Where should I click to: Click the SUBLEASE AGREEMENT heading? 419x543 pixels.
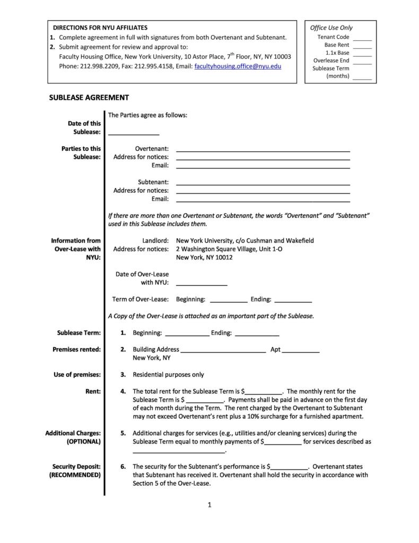[x=89, y=98]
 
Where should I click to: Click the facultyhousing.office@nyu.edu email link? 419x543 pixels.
[x=238, y=66]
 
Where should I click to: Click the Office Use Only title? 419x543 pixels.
[x=331, y=28]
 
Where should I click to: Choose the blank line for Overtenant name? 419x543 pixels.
[x=263, y=151]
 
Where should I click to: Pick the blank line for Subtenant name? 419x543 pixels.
[x=263, y=184]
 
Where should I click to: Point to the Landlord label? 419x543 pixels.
[x=155, y=241]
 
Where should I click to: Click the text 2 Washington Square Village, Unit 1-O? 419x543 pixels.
[x=229, y=249]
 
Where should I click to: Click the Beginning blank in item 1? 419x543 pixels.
[x=187, y=335]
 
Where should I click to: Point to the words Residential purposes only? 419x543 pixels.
[x=168, y=375]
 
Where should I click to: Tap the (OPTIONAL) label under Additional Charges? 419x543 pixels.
[x=84, y=442]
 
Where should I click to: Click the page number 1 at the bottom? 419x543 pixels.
[x=210, y=505]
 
